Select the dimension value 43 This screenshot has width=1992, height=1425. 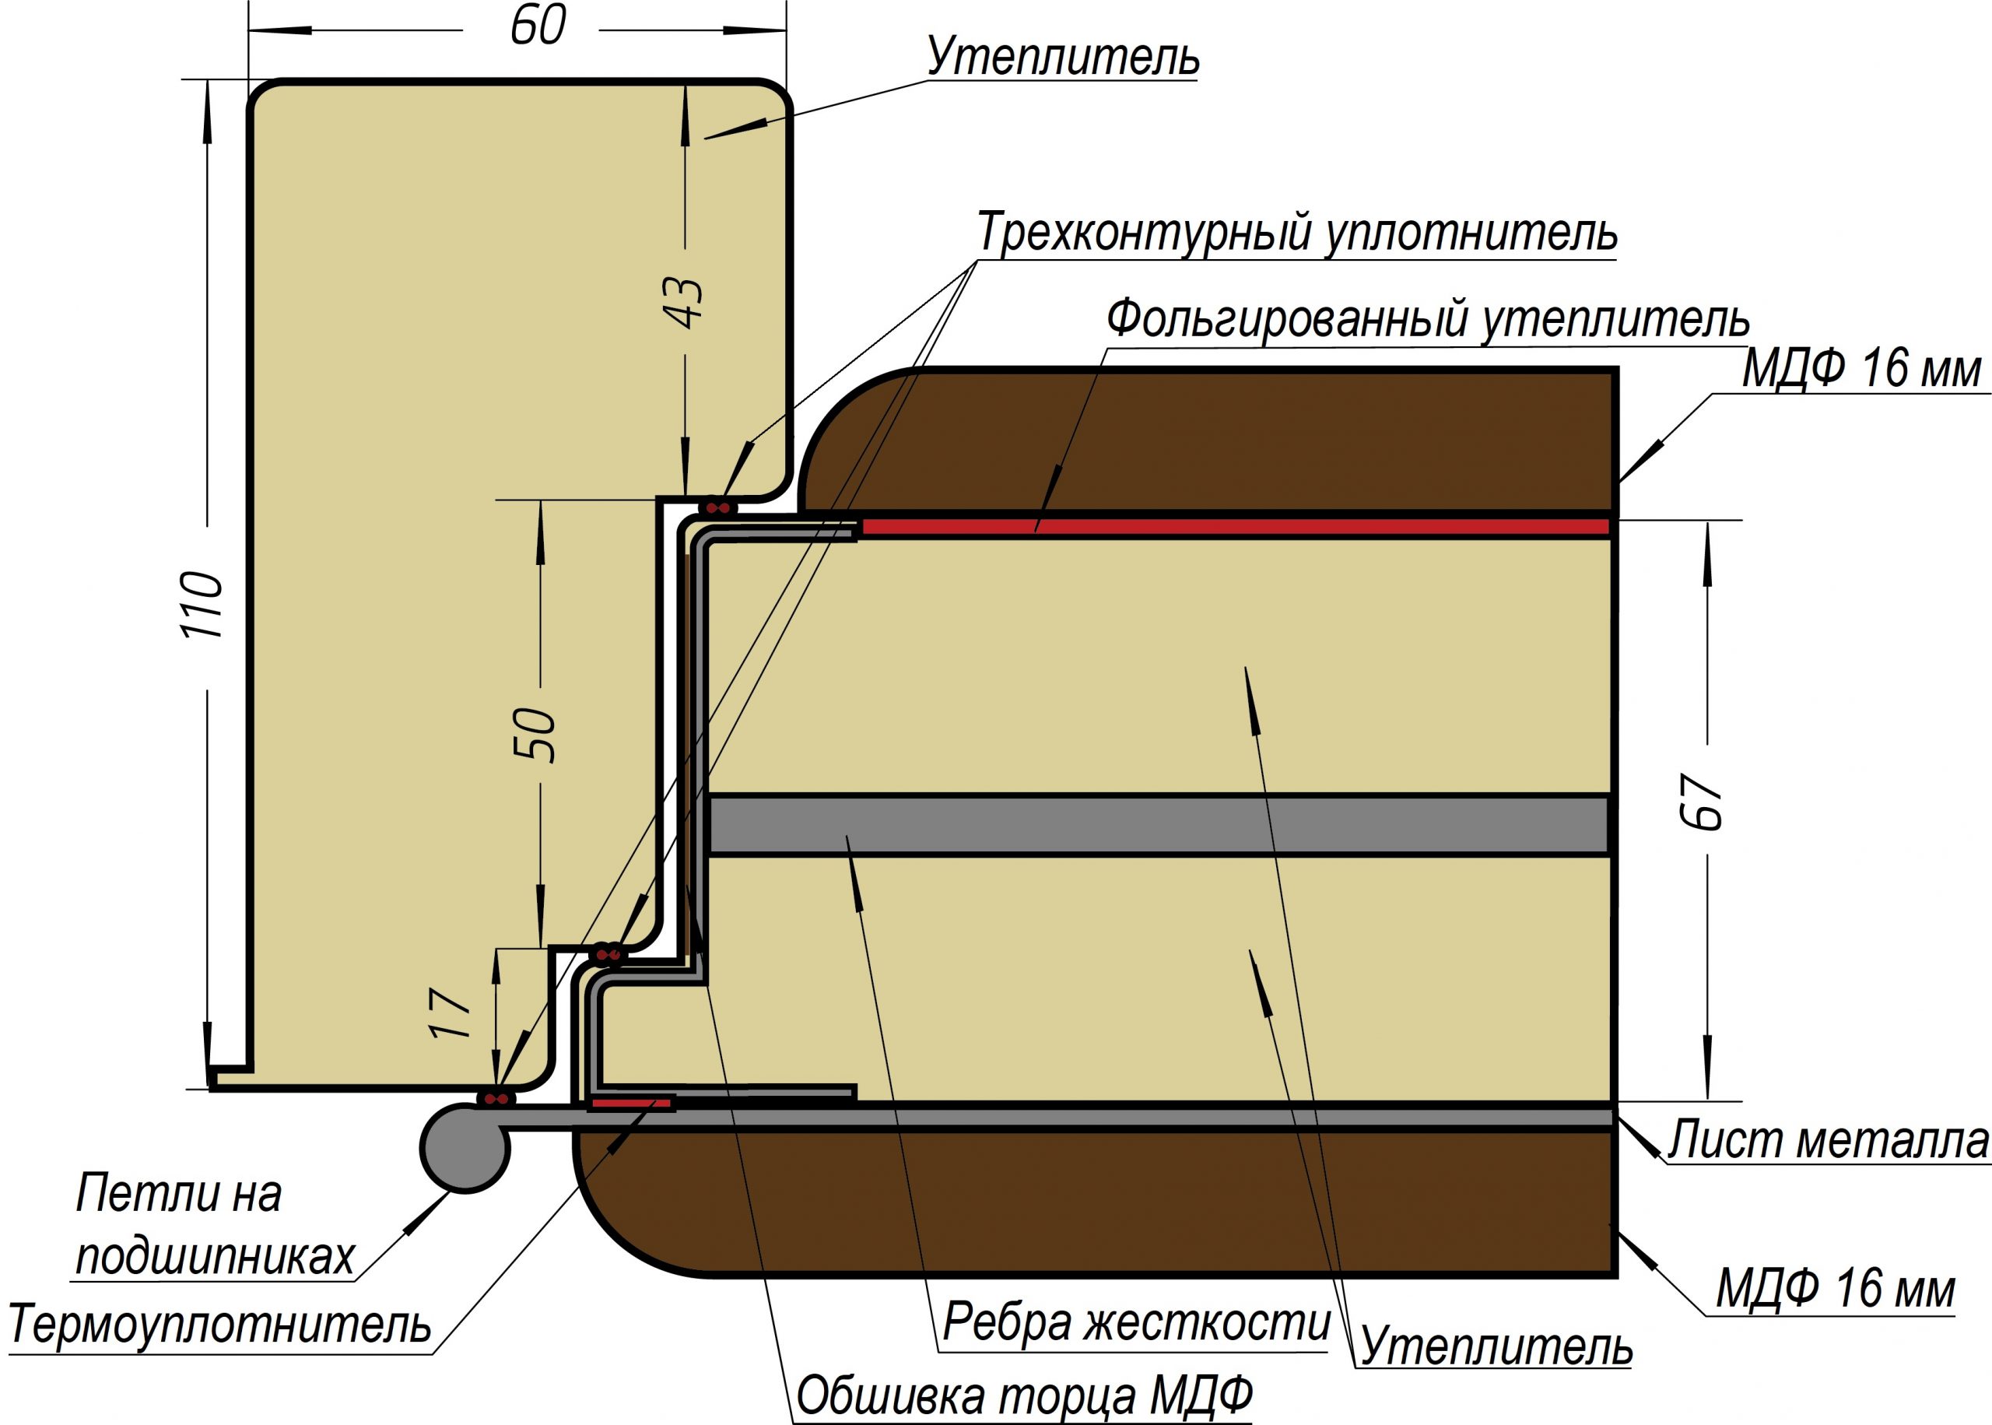(x=687, y=303)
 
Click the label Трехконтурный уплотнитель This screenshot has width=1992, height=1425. (x=1296, y=233)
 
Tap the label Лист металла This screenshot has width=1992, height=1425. (x=1828, y=1140)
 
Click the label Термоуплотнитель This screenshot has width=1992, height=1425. (x=219, y=1323)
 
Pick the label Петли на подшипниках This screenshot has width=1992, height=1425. (x=214, y=1225)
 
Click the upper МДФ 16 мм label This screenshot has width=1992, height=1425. (x=1861, y=369)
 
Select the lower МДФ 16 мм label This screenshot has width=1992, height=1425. (x=1836, y=1288)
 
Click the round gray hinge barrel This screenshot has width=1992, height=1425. (x=464, y=1149)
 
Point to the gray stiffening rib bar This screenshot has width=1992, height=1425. (x=1158, y=824)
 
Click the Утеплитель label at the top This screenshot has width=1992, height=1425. (x=1063, y=57)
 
